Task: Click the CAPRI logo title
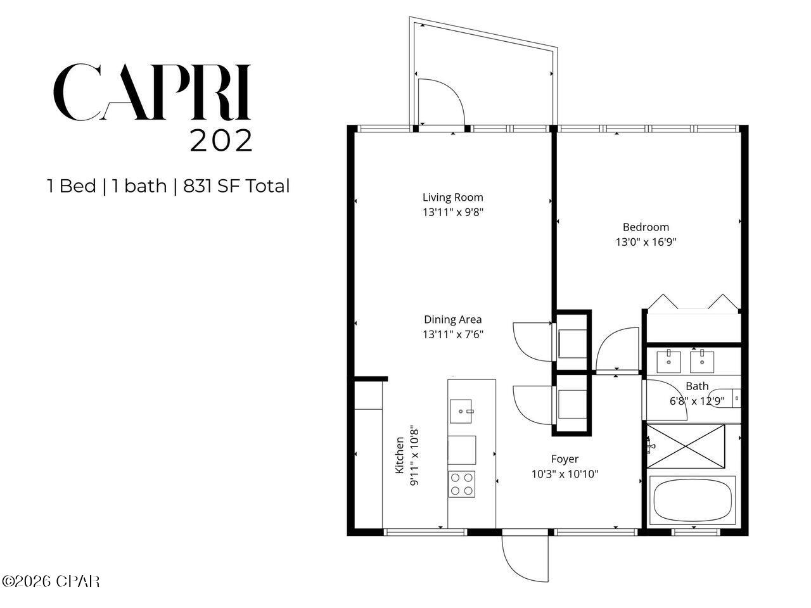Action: click(152, 92)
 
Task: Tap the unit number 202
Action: click(221, 141)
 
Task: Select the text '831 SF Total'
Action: click(236, 186)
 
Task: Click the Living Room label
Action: click(452, 197)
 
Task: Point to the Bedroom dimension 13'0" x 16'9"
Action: click(646, 241)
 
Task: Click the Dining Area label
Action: click(452, 319)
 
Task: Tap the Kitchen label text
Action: click(400, 455)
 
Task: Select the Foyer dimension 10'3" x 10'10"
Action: click(564, 474)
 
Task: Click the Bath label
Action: click(697, 386)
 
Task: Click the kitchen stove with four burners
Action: click(462, 484)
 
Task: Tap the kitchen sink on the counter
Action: click(462, 411)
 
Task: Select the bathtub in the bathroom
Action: click(692, 500)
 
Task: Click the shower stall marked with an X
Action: click(686, 446)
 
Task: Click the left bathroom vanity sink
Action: click(668, 361)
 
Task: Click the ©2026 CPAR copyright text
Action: click(51, 581)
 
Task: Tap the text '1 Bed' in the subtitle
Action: click(71, 186)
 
